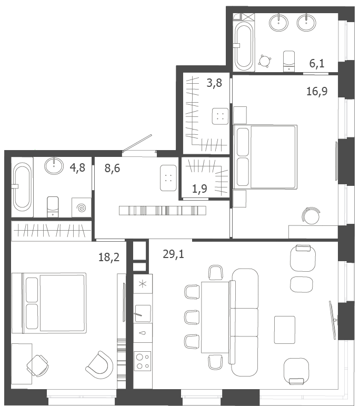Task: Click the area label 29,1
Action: (x=173, y=254)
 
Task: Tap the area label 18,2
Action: (x=109, y=258)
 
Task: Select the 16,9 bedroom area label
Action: (x=317, y=91)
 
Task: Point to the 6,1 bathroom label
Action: (x=317, y=63)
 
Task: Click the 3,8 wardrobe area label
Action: (x=214, y=83)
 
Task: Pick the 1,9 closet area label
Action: (x=199, y=189)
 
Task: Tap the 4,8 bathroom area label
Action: (x=77, y=168)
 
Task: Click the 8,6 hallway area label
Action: (x=112, y=169)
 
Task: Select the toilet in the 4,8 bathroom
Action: (x=53, y=207)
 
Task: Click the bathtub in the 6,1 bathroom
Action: (x=244, y=46)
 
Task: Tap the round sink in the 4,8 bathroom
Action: (x=54, y=165)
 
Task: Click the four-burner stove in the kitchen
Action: (x=143, y=361)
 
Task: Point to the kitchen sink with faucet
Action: (x=143, y=313)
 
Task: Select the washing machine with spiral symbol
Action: (x=82, y=207)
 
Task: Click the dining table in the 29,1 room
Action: (x=215, y=317)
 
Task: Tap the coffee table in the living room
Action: (x=285, y=330)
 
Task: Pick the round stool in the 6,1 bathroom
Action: (x=265, y=62)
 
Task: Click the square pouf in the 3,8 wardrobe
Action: (x=220, y=116)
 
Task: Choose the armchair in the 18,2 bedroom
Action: (x=99, y=364)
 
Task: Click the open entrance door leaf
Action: (x=137, y=143)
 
